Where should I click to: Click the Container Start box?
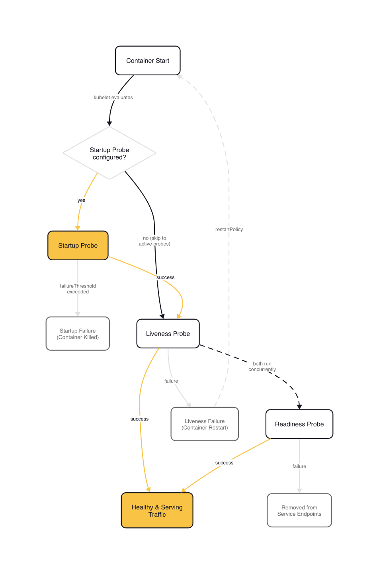pyautogui.click(x=148, y=61)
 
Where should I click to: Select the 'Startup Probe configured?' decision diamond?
pyautogui.click(x=109, y=153)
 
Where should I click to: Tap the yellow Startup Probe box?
pyautogui.click(x=78, y=246)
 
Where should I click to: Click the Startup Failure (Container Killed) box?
pyautogui.click(x=78, y=334)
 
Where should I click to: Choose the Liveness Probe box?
pyautogui.click(x=168, y=334)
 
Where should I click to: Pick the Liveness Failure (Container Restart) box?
pyautogui.click(x=205, y=424)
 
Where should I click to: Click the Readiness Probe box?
pyautogui.click(x=299, y=424)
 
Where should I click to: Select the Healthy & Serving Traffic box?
pyautogui.click(x=157, y=511)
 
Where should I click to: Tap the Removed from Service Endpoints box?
pyautogui.click(x=299, y=511)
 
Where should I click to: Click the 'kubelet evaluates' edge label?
pyautogui.click(x=113, y=98)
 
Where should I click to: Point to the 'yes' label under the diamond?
pyautogui.click(x=81, y=201)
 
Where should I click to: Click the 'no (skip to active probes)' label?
pyautogui.click(x=154, y=241)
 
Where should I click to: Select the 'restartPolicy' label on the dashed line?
pyautogui.click(x=229, y=230)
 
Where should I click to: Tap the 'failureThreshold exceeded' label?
pyautogui.click(x=78, y=289)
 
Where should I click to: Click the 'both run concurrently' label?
pyautogui.click(x=262, y=366)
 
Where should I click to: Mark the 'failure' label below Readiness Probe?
pyautogui.click(x=299, y=466)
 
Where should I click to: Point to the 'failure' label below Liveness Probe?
pyautogui.click(x=171, y=381)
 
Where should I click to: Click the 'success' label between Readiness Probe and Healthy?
pyautogui.click(x=224, y=463)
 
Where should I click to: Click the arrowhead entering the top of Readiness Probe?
pyautogui.click(x=299, y=407)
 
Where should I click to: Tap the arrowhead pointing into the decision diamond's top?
pyautogui.click(x=109, y=124)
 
